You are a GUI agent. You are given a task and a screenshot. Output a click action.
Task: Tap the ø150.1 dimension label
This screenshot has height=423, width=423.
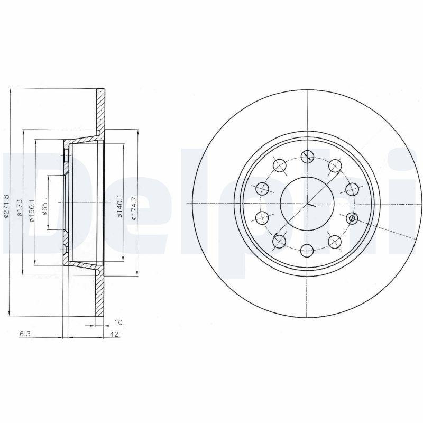[x=32, y=210]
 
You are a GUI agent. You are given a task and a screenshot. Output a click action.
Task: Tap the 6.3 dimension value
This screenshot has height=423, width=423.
[x=24, y=334]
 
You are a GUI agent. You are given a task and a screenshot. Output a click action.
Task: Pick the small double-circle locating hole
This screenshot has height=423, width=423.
[x=352, y=218]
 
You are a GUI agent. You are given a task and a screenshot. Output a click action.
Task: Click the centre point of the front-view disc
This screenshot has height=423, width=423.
[x=307, y=204]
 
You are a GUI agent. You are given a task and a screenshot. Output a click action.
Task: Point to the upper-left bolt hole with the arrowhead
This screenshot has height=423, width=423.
[x=280, y=165]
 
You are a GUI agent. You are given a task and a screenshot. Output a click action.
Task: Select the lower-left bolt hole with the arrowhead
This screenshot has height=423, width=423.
[x=280, y=242]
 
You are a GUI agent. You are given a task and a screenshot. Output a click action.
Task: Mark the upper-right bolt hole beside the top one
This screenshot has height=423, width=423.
[x=335, y=166]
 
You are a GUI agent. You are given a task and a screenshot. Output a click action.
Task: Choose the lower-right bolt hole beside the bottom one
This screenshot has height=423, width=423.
[x=334, y=242]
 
